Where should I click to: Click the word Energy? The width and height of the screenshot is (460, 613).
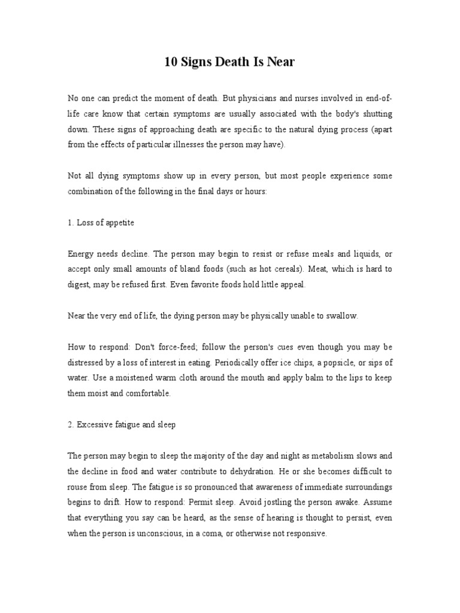[x=80, y=254]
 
